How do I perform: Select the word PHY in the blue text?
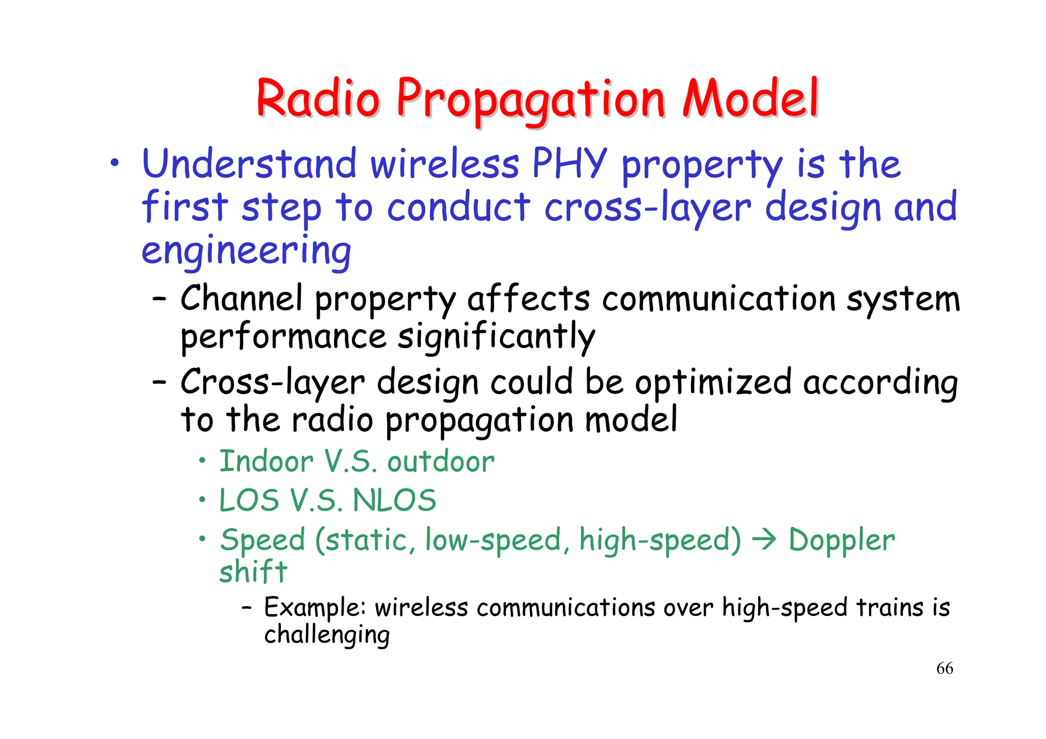tap(569, 164)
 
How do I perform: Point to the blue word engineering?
tap(246, 251)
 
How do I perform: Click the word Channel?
tap(241, 299)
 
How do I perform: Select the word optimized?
tap(713, 382)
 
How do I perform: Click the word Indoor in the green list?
tap(266, 462)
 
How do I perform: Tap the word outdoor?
tap(441, 462)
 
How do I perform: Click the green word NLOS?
tap(394, 501)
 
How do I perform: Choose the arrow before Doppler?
tap(765, 540)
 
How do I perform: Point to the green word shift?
tap(253, 572)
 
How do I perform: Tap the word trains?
tap(890, 608)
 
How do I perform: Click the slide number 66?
tap(944, 669)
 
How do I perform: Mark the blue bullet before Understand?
tap(115, 163)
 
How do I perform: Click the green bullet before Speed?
tap(203, 539)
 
